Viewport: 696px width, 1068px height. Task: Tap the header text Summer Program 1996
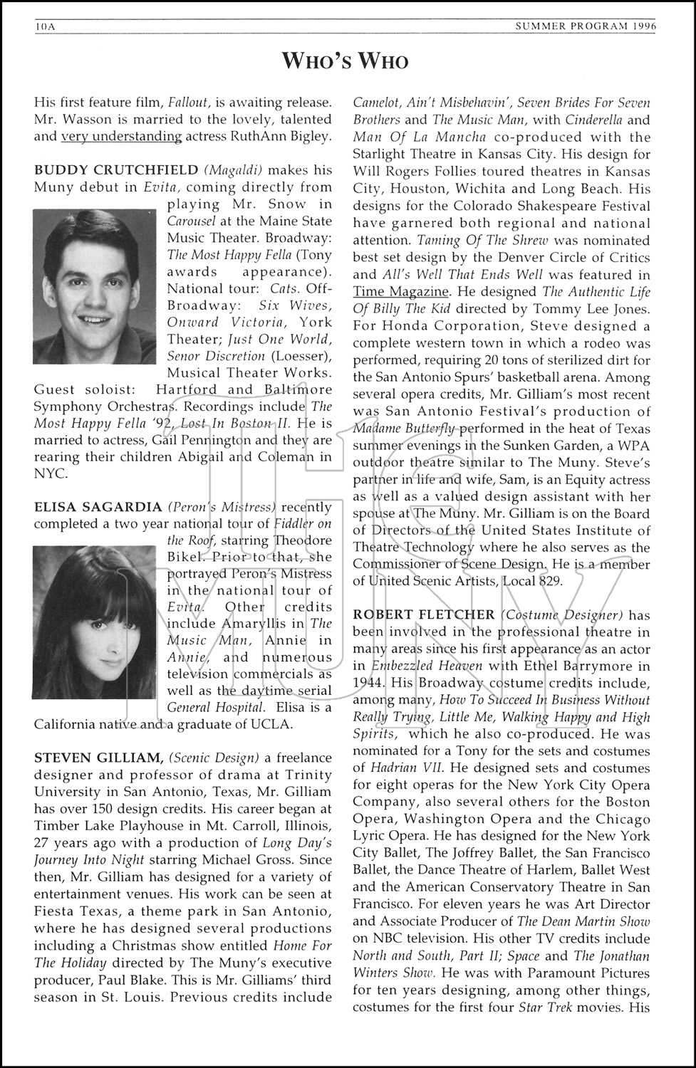tap(586, 27)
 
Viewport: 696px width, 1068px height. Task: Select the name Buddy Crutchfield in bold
tap(116, 170)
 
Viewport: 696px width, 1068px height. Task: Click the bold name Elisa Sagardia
tap(98, 507)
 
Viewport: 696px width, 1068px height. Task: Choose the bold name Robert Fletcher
tap(424, 614)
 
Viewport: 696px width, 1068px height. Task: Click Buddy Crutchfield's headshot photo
tap(95, 286)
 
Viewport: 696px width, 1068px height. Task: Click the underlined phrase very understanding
tap(122, 136)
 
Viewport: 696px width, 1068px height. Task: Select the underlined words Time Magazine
tap(401, 291)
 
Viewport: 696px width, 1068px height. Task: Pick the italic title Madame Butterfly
tap(404, 428)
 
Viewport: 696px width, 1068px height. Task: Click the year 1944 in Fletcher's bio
tap(369, 683)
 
